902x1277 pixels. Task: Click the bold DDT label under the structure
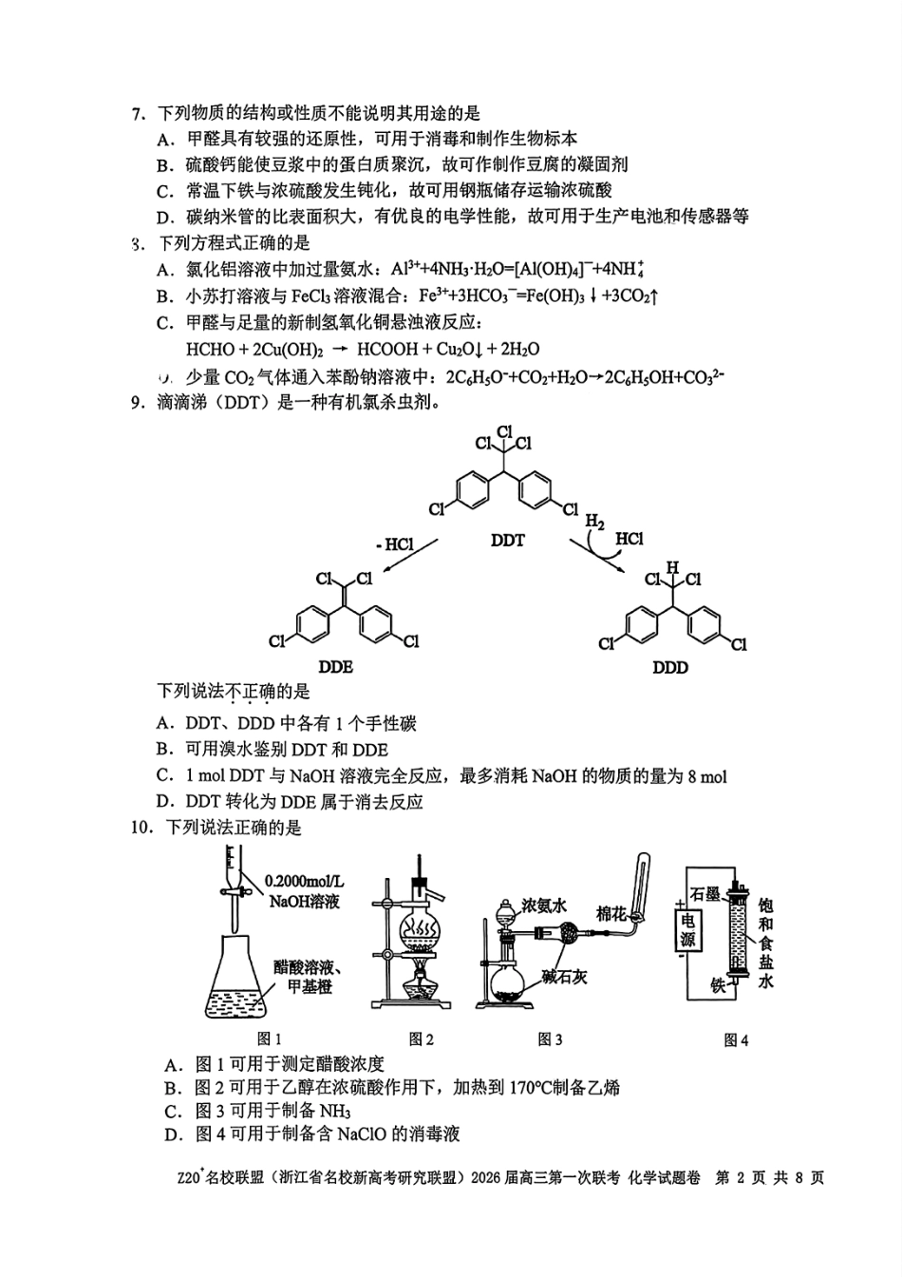pyautogui.click(x=507, y=541)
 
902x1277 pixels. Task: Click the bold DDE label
pyautogui.click(x=336, y=667)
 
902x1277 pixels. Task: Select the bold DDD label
pyautogui.click(x=669, y=667)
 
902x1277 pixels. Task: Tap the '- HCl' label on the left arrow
pyautogui.click(x=394, y=544)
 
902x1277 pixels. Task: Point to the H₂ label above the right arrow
pyautogui.click(x=595, y=521)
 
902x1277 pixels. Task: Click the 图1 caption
pyautogui.click(x=270, y=1039)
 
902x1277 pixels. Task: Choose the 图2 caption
pyautogui.click(x=421, y=1039)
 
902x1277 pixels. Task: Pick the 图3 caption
pyautogui.click(x=550, y=1039)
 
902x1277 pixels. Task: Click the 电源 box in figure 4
pyautogui.click(x=687, y=931)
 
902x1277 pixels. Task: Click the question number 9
pyautogui.click(x=137, y=403)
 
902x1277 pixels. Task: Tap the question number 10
pyautogui.click(x=141, y=828)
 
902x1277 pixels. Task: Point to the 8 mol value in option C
pyautogui.click(x=707, y=776)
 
